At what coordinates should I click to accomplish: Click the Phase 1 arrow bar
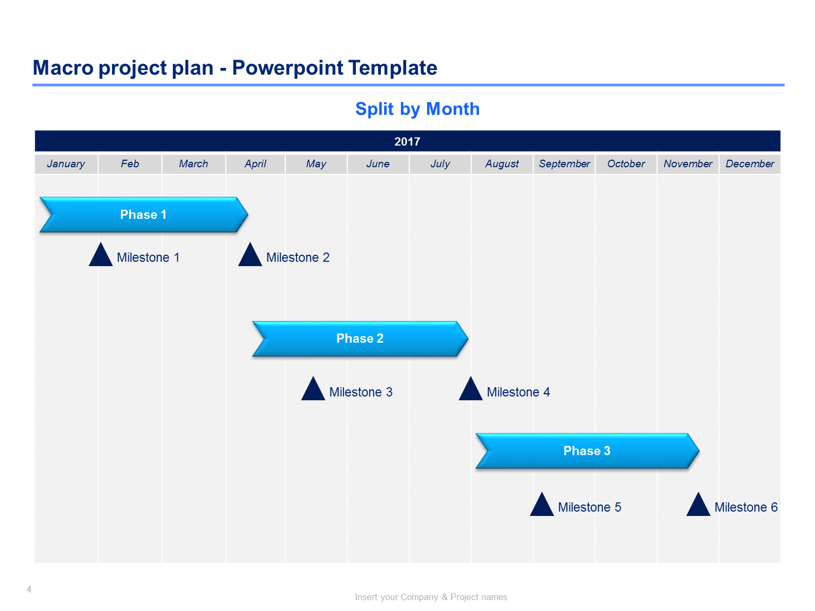143,215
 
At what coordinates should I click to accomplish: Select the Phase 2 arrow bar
360,338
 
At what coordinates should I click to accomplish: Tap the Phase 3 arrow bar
587,451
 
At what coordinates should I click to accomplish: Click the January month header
66,163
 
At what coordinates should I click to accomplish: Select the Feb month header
129,163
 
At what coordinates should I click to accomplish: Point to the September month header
564,163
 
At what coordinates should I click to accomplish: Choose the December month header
750,163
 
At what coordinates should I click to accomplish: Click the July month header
440,163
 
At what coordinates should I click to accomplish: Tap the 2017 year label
407,141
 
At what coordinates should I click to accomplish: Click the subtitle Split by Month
417,109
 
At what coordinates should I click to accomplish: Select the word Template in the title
393,68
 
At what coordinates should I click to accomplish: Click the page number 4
29,589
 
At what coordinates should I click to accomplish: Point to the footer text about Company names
431,597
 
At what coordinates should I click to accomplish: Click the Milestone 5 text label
590,507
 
